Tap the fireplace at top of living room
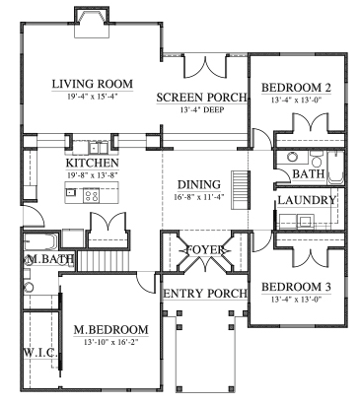[92, 22]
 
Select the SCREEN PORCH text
[198, 98]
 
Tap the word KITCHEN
[93, 163]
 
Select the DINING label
[198, 184]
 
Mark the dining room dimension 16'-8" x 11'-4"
[198, 197]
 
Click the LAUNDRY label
[307, 200]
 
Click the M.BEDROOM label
[110, 329]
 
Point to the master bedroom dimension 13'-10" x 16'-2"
[110, 342]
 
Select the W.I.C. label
[39, 352]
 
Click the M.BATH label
[43, 259]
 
